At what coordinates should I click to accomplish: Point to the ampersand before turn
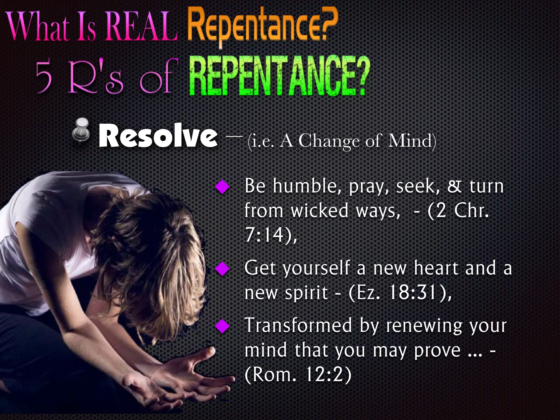click(x=454, y=186)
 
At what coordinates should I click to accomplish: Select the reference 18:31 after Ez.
click(x=413, y=293)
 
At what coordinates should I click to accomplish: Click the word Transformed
click(x=298, y=325)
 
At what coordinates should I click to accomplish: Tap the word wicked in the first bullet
click(x=320, y=211)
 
